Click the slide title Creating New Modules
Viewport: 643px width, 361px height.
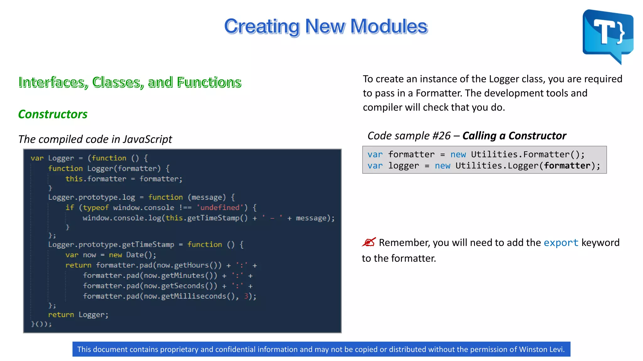(x=326, y=26)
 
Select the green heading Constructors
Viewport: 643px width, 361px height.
(x=53, y=114)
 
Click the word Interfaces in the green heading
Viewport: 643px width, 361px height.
(x=51, y=82)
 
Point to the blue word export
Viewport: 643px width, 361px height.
(x=561, y=243)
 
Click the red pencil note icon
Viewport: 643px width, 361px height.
(x=369, y=242)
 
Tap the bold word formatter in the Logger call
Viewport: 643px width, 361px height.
(x=567, y=165)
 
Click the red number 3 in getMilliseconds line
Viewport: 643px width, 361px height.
(x=246, y=296)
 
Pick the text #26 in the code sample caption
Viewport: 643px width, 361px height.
(x=441, y=136)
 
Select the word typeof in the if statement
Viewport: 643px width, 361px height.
(x=96, y=207)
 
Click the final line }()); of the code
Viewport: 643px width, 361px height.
(x=41, y=324)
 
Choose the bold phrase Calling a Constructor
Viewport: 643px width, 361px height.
(x=514, y=136)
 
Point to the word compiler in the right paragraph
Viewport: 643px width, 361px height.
(x=382, y=107)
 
